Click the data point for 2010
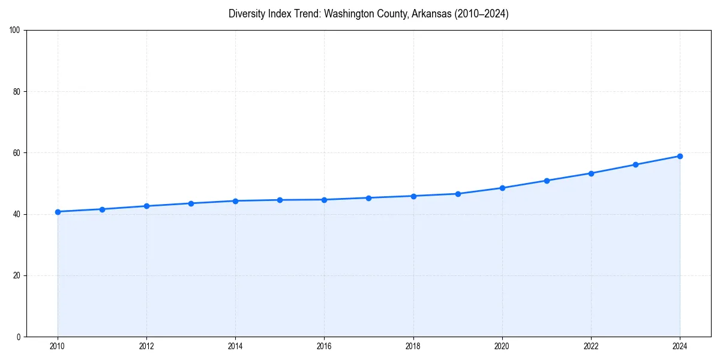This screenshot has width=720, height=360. click(58, 212)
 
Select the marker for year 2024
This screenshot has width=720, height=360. click(680, 156)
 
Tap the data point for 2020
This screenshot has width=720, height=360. click(502, 188)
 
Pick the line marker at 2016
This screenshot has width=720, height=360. click(324, 200)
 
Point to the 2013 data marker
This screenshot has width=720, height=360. click(191, 203)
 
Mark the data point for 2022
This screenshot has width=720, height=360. click(591, 173)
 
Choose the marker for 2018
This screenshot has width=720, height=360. click(413, 196)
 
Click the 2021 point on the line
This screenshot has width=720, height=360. click(547, 181)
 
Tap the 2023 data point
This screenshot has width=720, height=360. click(635, 164)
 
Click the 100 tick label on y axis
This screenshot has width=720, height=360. click(16, 31)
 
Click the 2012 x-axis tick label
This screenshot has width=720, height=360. click(146, 346)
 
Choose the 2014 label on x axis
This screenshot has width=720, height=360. click(235, 346)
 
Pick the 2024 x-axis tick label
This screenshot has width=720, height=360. click(680, 346)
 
